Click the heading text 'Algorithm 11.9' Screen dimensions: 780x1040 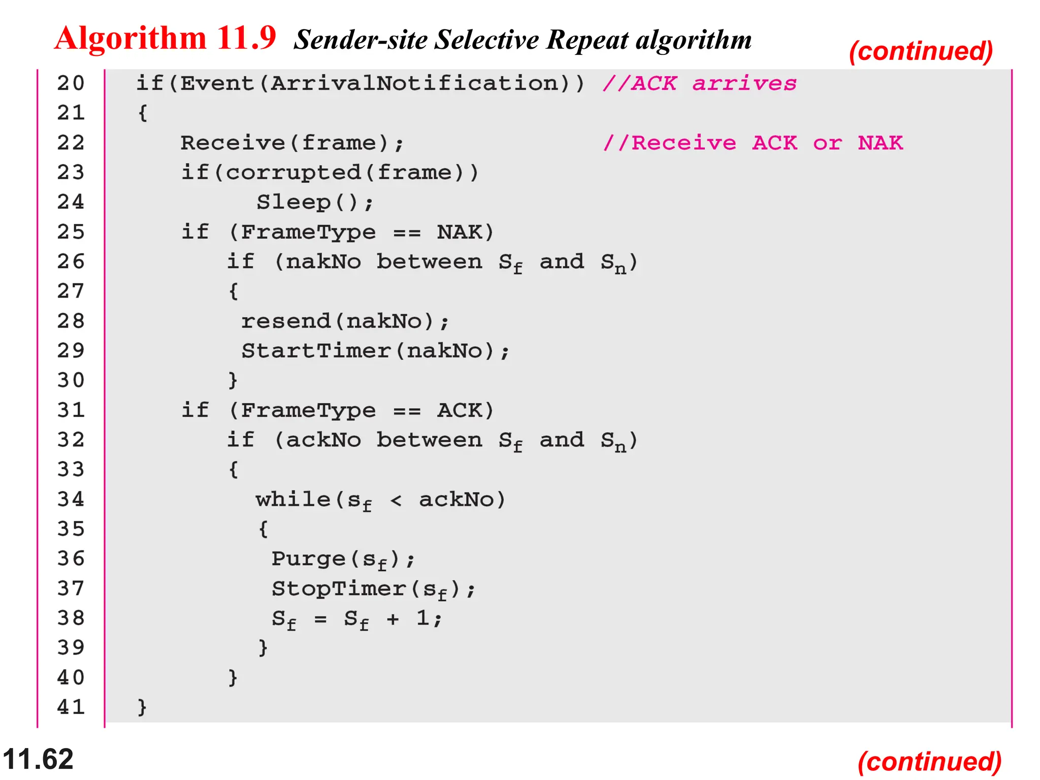click(x=165, y=38)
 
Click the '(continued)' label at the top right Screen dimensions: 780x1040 click(x=921, y=51)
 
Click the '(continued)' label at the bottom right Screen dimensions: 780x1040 click(x=929, y=762)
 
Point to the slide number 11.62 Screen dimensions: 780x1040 click(x=38, y=759)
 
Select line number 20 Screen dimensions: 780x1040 click(x=71, y=83)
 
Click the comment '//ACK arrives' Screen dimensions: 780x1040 click(x=700, y=83)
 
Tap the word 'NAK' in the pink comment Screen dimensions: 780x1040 click(x=881, y=143)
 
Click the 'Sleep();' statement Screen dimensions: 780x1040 click(x=315, y=203)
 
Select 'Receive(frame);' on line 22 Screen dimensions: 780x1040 click(x=292, y=143)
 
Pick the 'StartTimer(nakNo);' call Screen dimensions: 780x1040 click(x=375, y=351)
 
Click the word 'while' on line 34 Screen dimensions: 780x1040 click(x=293, y=500)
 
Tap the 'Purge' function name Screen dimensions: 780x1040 click(x=308, y=559)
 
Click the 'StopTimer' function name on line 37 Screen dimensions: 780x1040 click(x=339, y=589)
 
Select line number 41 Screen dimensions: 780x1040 click(x=71, y=707)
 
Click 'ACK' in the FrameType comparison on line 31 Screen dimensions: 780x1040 click(x=459, y=410)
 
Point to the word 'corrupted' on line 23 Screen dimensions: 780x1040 click(x=293, y=173)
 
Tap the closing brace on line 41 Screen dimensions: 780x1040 click(x=142, y=707)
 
